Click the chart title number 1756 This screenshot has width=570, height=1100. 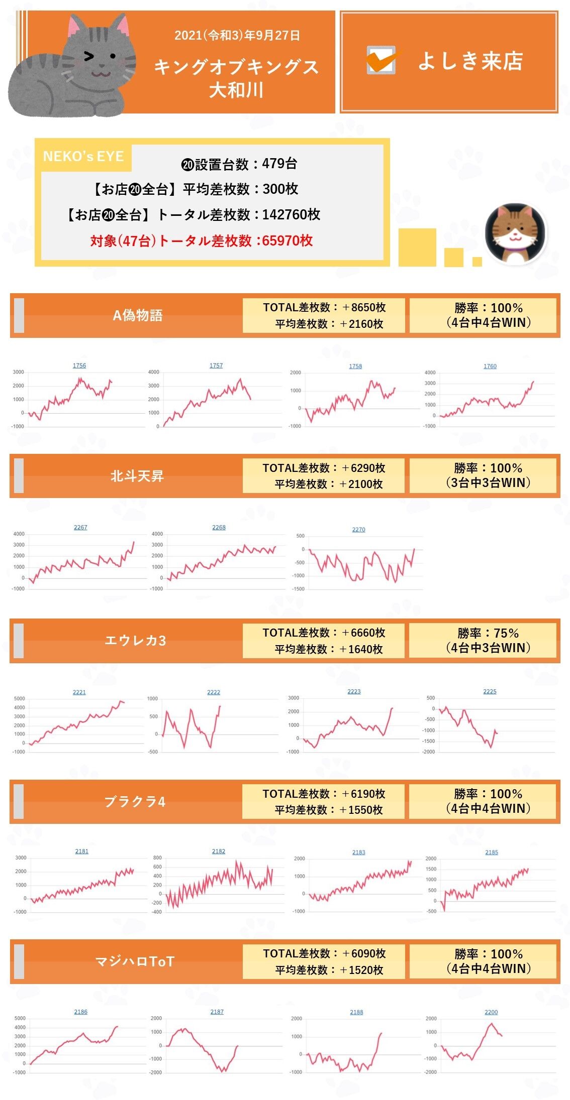(x=79, y=365)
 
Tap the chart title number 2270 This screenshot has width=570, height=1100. (x=358, y=529)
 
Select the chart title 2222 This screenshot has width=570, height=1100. (x=214, y=692)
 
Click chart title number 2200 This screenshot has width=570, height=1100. (x=491, y=1012)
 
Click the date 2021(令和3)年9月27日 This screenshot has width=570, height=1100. (x=237, y=36)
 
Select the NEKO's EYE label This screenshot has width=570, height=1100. (x=83, y=157)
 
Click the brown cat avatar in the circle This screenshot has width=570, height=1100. (x=515, y=233)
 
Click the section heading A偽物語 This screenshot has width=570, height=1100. (x=137, y=315)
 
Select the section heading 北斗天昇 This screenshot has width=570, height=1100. (x=137, y=476)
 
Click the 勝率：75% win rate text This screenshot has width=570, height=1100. (x=488, y=633)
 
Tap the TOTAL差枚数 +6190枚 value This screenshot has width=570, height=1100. (x=324, y=794)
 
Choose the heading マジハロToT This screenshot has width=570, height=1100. (x=135, y=961)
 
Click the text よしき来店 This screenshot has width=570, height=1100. (x=470, y=61)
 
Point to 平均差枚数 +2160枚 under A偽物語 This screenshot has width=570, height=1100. (x=329, y=324)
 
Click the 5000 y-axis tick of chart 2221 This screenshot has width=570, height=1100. (x=20, y=698)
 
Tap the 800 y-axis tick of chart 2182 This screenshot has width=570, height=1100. (x=157, y=858)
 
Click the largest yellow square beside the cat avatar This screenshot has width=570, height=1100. (x=417, y=247)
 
